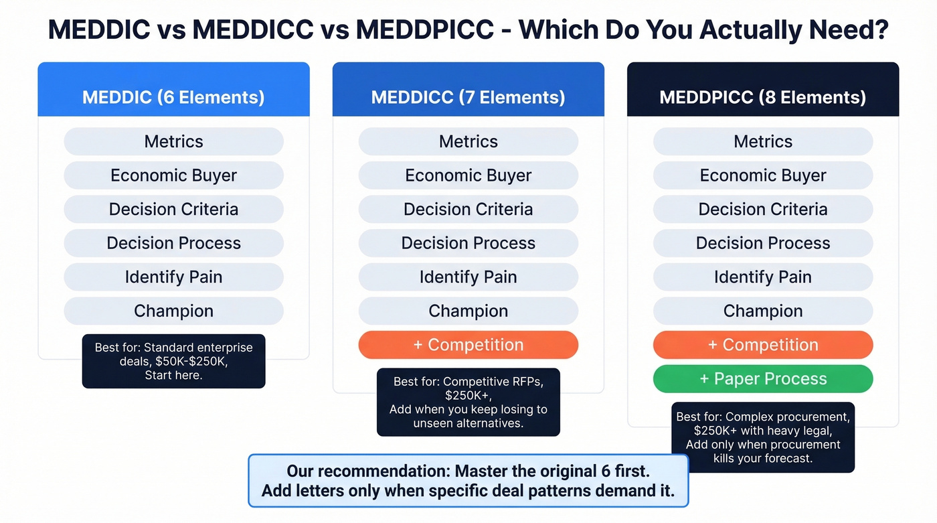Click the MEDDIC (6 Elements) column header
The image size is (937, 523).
coord(173,97)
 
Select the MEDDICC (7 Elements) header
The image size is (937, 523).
coord(468,97)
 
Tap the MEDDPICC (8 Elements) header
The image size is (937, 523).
coord(762,97)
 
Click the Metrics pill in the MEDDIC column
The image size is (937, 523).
coord(173,141)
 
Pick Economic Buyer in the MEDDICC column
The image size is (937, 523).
coord(468,175)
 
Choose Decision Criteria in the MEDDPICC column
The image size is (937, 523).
coord(762,209)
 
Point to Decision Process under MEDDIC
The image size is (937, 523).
coord(173,243)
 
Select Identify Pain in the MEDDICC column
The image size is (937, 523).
coord(468,277)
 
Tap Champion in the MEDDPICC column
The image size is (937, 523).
coord(762,311)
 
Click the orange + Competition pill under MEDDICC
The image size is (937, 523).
coord(468,345)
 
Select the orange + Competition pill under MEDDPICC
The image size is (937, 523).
coord(762,345)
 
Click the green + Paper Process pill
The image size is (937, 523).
coord(762,378)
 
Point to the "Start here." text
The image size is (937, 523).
coord(173,375)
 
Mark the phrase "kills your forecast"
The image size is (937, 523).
coord(763,458)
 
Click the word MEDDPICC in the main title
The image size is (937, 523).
coord(424,31)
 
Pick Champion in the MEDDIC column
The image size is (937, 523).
coord(173,311)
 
